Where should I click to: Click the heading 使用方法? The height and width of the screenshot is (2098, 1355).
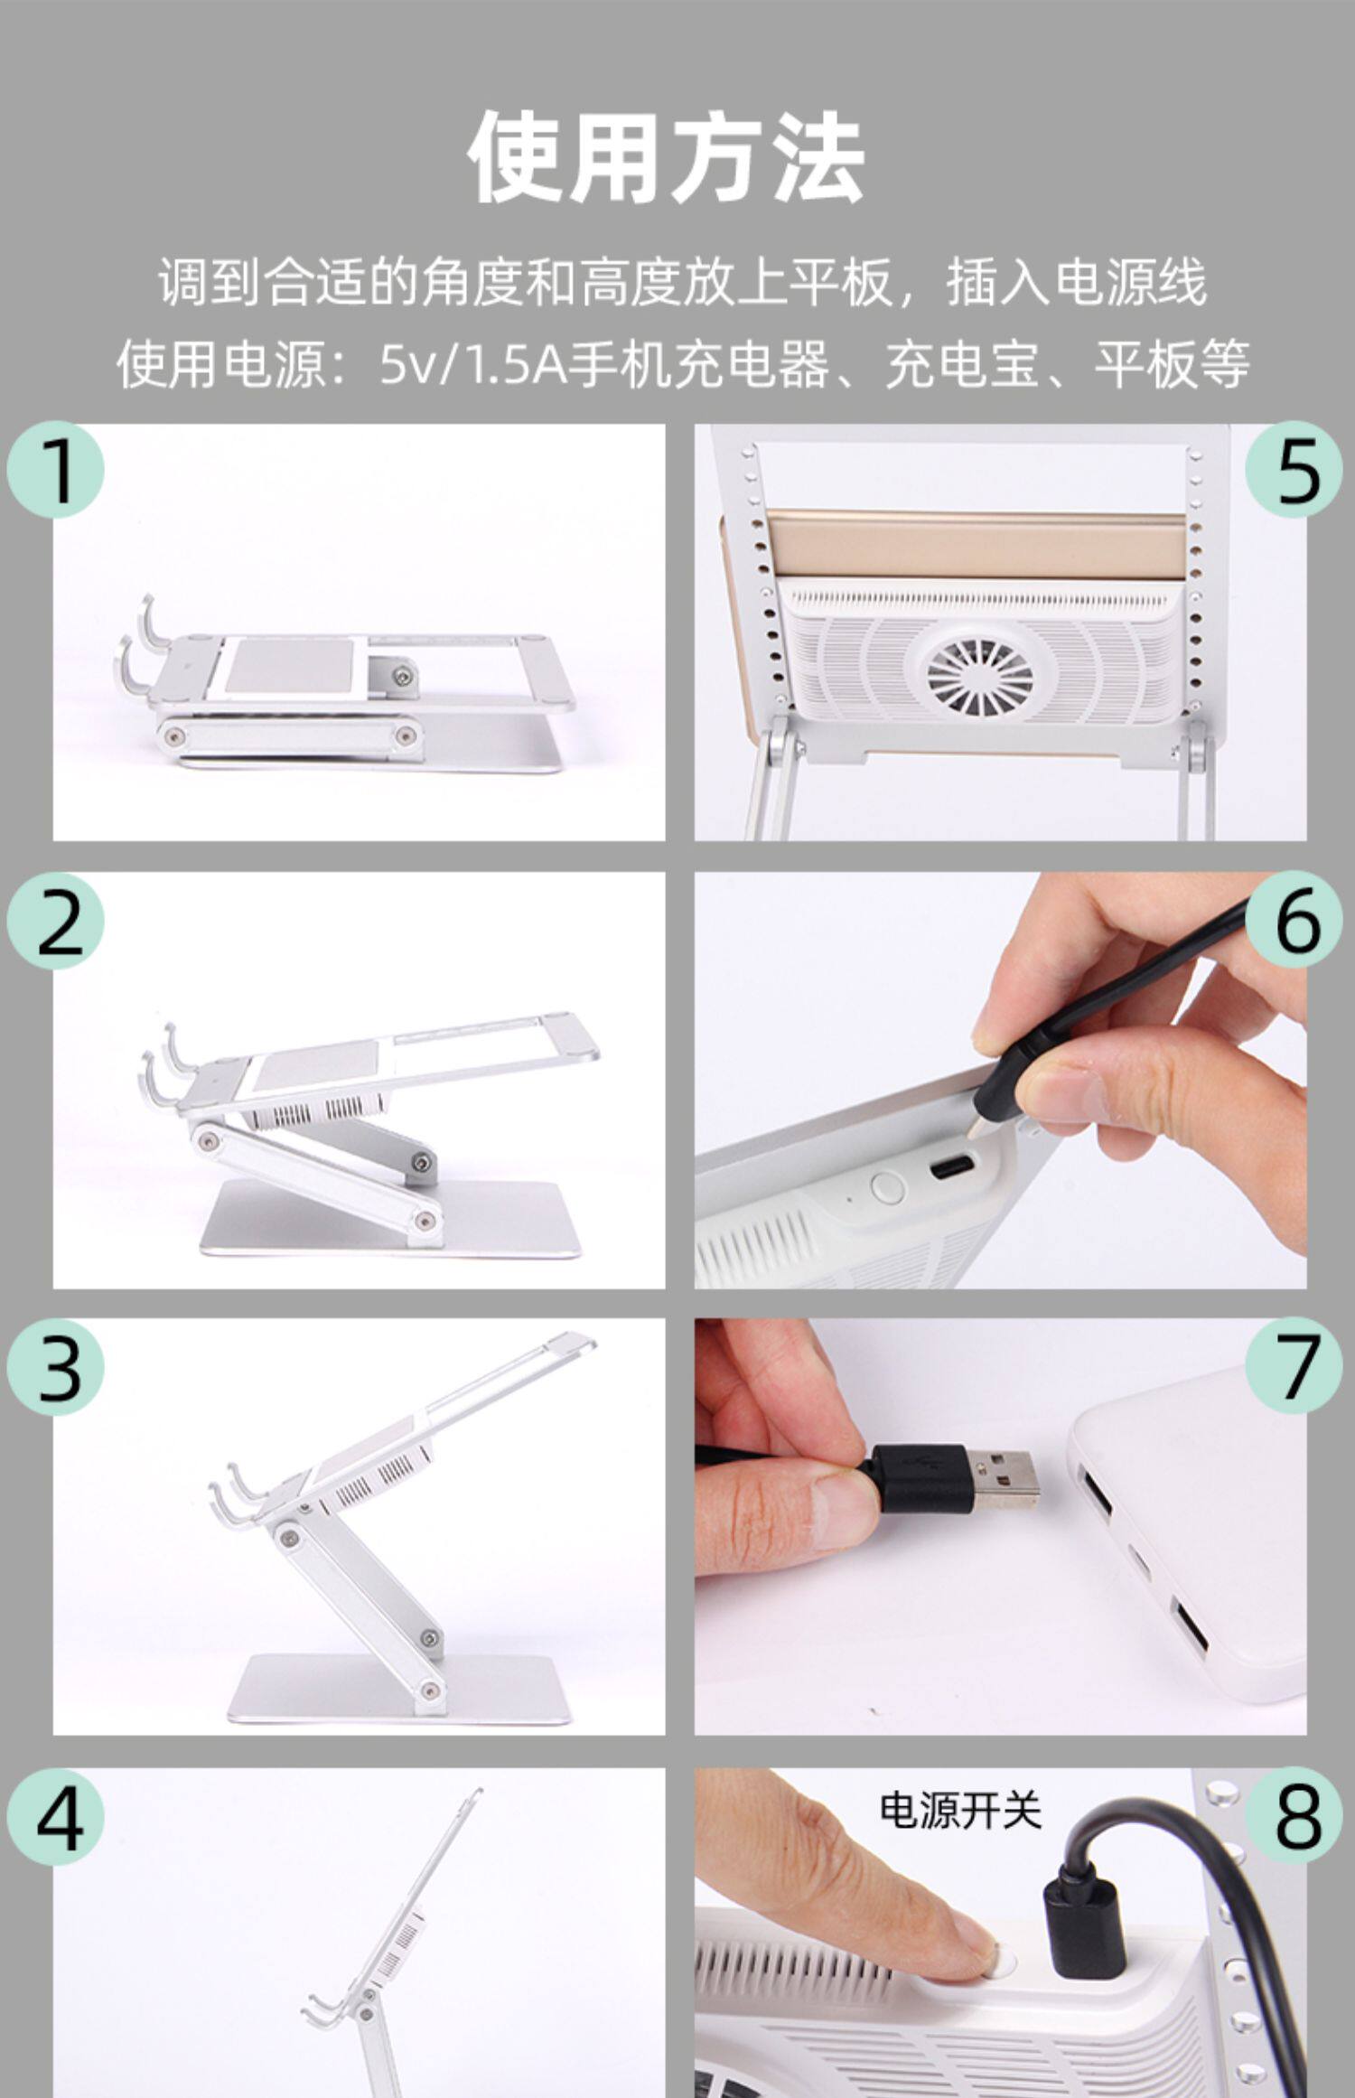(x=667, y=155)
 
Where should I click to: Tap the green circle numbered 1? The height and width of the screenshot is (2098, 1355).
(x=56, y=469)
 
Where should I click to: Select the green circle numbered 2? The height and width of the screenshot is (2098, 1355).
(x=56, y=921)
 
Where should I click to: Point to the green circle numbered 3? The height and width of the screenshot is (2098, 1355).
(x=56, y=1367)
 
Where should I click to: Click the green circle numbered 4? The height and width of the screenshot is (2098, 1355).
(x=56, y=1816)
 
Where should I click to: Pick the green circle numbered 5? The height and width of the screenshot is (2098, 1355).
(x=1294, y=469)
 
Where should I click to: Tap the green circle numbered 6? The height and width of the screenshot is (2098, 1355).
(x=1294, y=921)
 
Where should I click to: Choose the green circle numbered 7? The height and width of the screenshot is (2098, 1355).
(x=1294, y=1367)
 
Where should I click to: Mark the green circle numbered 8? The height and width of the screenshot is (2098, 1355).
(x=1294, y=1816)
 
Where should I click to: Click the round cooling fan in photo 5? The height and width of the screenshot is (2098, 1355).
(x=979, y=678)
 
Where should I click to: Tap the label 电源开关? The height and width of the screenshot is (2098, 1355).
(x=960, y=1810)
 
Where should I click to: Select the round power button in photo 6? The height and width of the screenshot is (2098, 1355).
(x=887, y=1186)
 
